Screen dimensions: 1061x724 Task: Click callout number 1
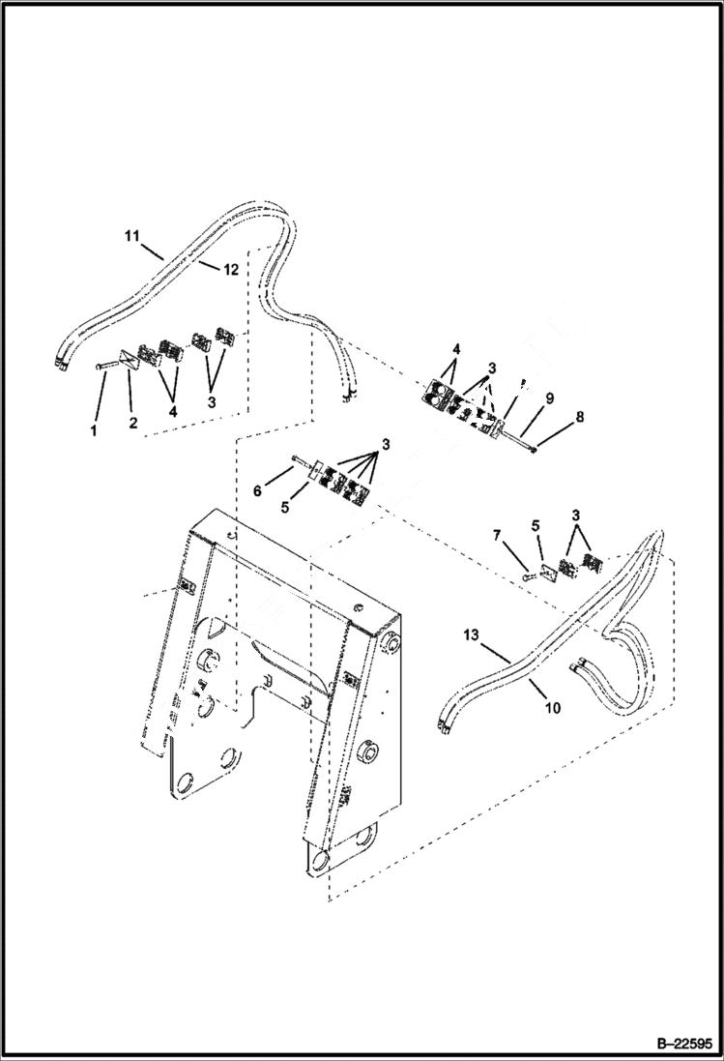(x=94, y=430)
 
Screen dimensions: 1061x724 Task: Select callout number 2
(x=133, y=423)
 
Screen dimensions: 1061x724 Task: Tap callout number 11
(x=130, y=234)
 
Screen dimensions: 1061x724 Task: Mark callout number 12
(x=230, y=269)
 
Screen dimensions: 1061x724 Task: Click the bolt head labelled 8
(x=533, y=450)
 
